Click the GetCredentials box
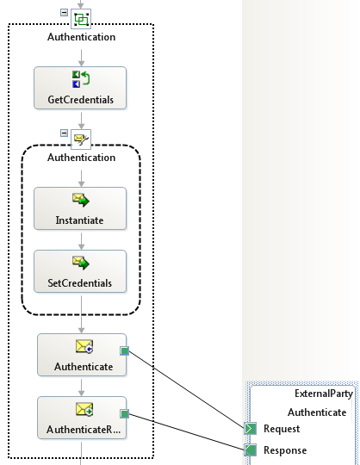click(80, 88)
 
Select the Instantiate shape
click(80, 208)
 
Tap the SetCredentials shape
click(80, 271)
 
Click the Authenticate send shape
click(82, 355)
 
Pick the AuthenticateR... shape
click(82, 418)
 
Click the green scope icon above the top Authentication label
click(81, 19)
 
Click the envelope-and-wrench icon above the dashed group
click(81, 139)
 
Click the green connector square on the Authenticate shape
click(125, 351)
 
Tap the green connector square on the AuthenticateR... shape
click(125, 413)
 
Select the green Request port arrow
click(251, 429)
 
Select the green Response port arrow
click(251, 449)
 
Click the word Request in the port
click(282, 429)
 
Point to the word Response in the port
click(285, 450)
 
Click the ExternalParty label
click(324, 394)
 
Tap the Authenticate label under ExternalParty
click(317, 412)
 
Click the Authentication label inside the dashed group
click(81, 158)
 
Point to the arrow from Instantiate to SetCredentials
click(81, 241)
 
